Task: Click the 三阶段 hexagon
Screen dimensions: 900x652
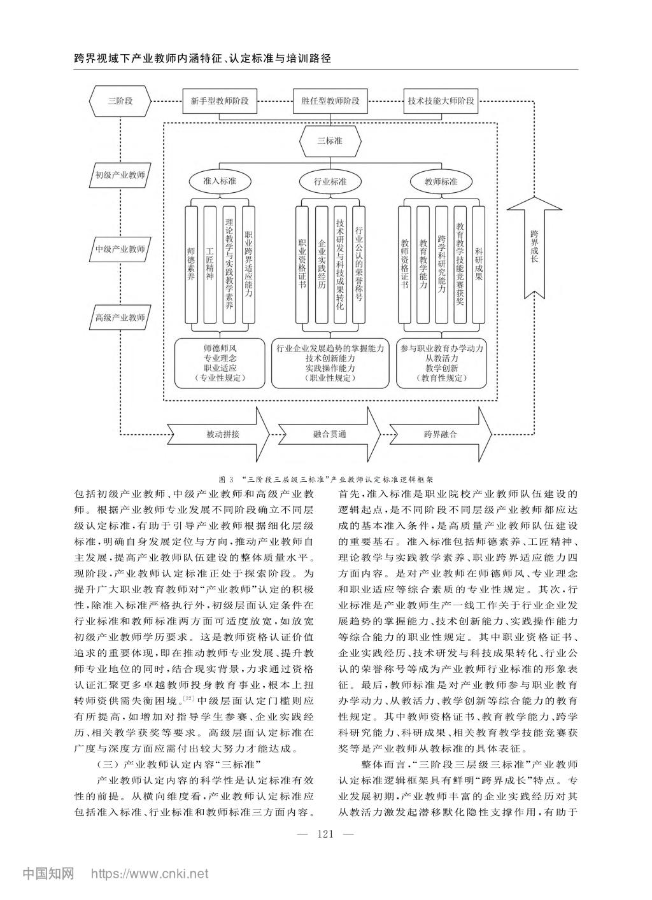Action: pyautogui.click(x=120, y=101)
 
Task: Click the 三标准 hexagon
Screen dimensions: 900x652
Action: pyautogui.click(x=330, y=141)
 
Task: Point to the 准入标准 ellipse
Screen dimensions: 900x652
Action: pyautogui.click(x=220, y=181)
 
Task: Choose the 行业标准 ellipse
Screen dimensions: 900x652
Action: pyautogui.click(x=330, y=181)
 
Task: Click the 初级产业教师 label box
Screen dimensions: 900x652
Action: pyautogui.click(x=120, y=175)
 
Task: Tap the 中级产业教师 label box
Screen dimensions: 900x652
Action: pyautogui.click(x=120, y=249)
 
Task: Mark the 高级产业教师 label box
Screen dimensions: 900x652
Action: pyautogui.click(x=120, y=317)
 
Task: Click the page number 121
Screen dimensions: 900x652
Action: pyautogui.click(x=325, y=835)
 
